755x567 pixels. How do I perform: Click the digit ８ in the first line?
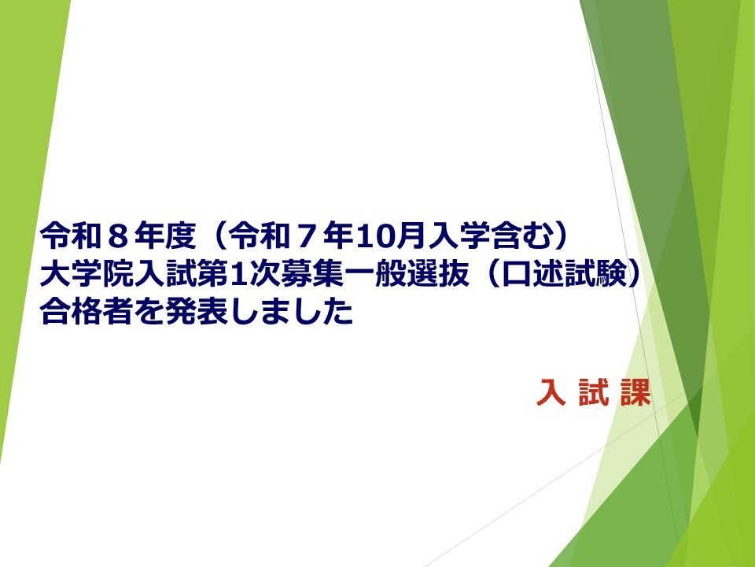(117, 236)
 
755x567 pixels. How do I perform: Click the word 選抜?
(437, 274)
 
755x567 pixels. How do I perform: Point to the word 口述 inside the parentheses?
(532, 274)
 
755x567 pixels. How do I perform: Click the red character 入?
(551, 391)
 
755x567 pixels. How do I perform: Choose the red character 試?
(593, 391)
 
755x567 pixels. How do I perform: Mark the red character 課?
(635, 391)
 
